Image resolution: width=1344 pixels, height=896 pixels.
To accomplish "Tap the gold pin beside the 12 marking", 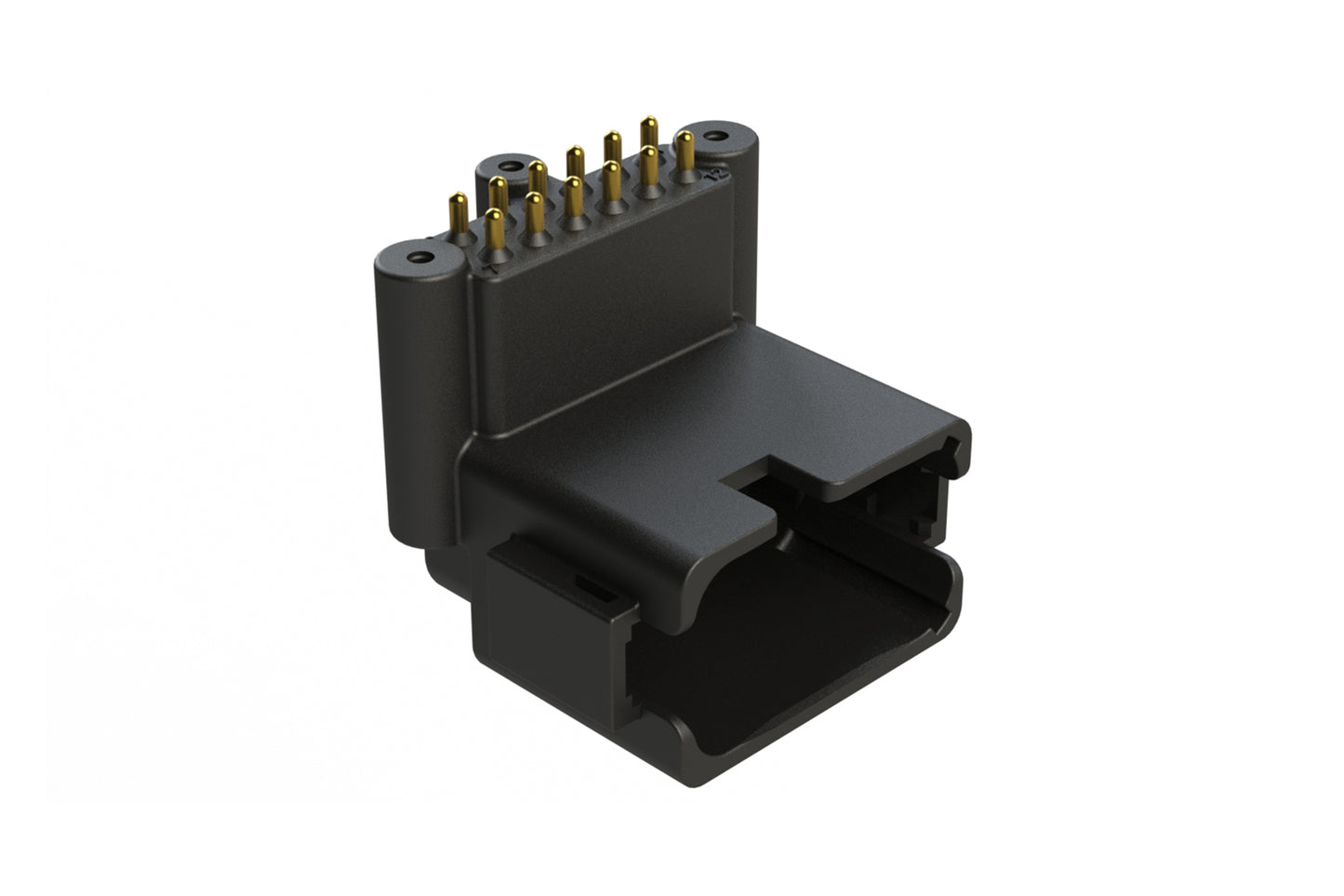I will coord(685,152).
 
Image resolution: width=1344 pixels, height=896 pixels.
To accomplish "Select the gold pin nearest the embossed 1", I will coord(495,229).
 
